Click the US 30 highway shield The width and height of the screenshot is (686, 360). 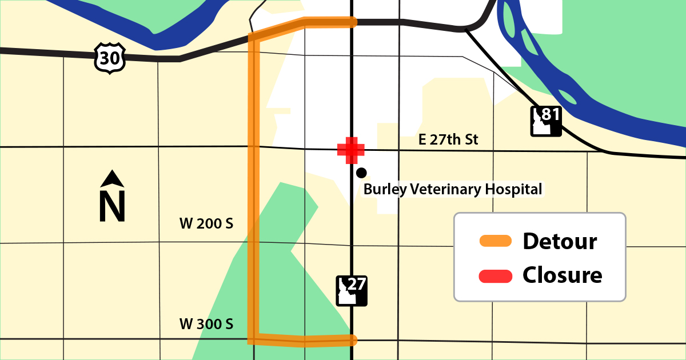[110, 57]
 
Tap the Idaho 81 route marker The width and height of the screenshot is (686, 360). [545, 121]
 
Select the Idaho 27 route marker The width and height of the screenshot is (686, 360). [351, 291]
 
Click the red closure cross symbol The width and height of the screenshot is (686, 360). [351, 150]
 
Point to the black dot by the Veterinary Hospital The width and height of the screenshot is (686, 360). [361, 173]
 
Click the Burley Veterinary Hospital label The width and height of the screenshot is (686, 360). [453, 189]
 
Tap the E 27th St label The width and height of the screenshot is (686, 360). [448, 139]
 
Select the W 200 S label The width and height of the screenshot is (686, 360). [206, 224]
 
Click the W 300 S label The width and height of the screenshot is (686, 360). [206, 324]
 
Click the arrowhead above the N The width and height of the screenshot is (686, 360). [113, 179]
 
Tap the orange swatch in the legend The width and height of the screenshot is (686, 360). [495, 241]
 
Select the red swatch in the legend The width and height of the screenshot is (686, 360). [495, 275]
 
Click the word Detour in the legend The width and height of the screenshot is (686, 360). [560, 241]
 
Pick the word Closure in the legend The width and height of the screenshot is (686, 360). [563, 275]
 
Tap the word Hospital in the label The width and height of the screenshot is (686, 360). [513, 189]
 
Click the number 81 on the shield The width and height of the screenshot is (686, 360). [549, 114]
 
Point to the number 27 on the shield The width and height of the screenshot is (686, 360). [356, 284]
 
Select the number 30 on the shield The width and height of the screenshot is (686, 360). [110, 57]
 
